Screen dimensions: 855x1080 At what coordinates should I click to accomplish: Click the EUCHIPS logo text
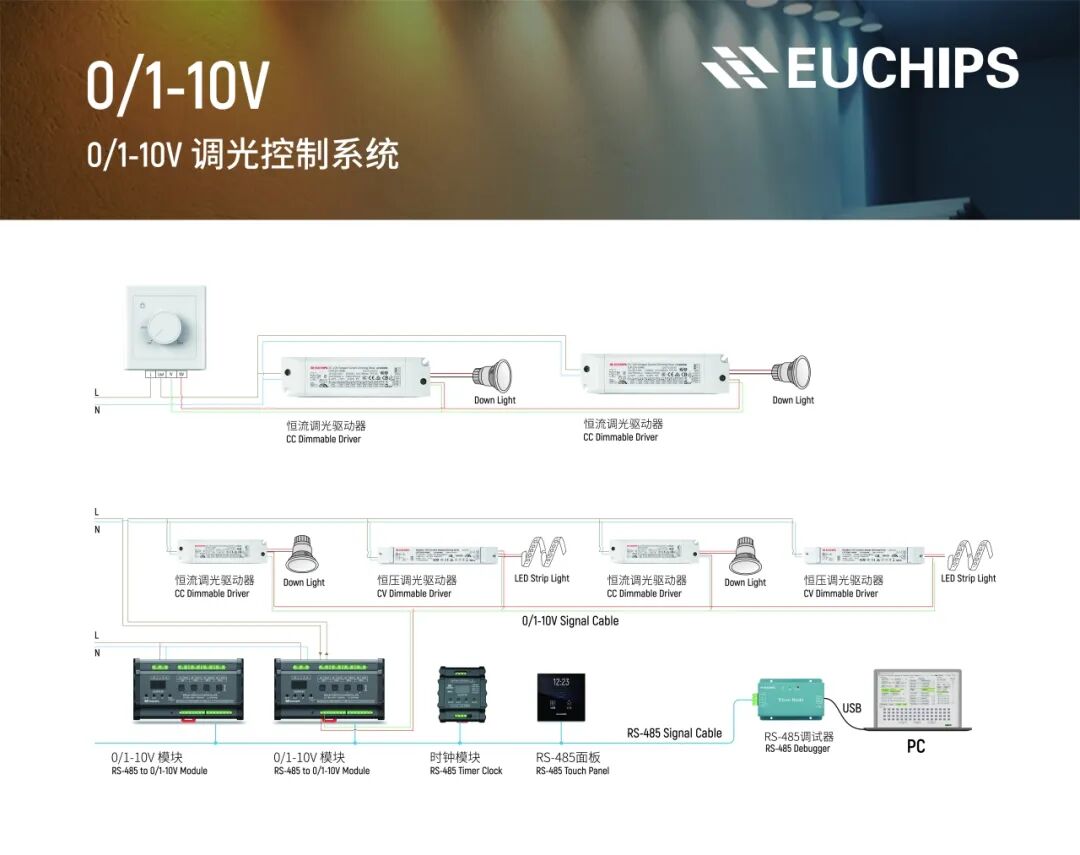(900, 68)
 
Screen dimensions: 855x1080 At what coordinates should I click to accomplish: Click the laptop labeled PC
(916, 701)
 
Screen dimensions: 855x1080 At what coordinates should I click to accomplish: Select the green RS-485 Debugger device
(790, 699)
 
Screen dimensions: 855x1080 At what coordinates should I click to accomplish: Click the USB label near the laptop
(851, 708)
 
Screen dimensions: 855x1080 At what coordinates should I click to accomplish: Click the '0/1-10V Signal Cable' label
(570, 621)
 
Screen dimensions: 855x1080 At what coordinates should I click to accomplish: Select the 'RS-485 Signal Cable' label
(674, 733)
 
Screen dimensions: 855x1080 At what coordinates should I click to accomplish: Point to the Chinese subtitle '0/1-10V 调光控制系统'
(242, 155)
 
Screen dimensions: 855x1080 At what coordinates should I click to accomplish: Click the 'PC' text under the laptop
(915, 747)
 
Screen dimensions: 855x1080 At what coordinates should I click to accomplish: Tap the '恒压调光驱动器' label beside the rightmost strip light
(843, 580)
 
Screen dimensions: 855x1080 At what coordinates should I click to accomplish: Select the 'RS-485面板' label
(568, 757)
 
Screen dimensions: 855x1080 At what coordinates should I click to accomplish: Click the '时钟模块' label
(455, 757)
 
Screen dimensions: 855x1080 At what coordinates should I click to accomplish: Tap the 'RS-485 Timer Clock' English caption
(466, 771)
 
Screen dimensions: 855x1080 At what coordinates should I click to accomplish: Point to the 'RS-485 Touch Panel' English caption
(572, 771)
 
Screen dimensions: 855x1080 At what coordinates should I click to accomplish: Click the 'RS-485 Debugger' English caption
(797, 749)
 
